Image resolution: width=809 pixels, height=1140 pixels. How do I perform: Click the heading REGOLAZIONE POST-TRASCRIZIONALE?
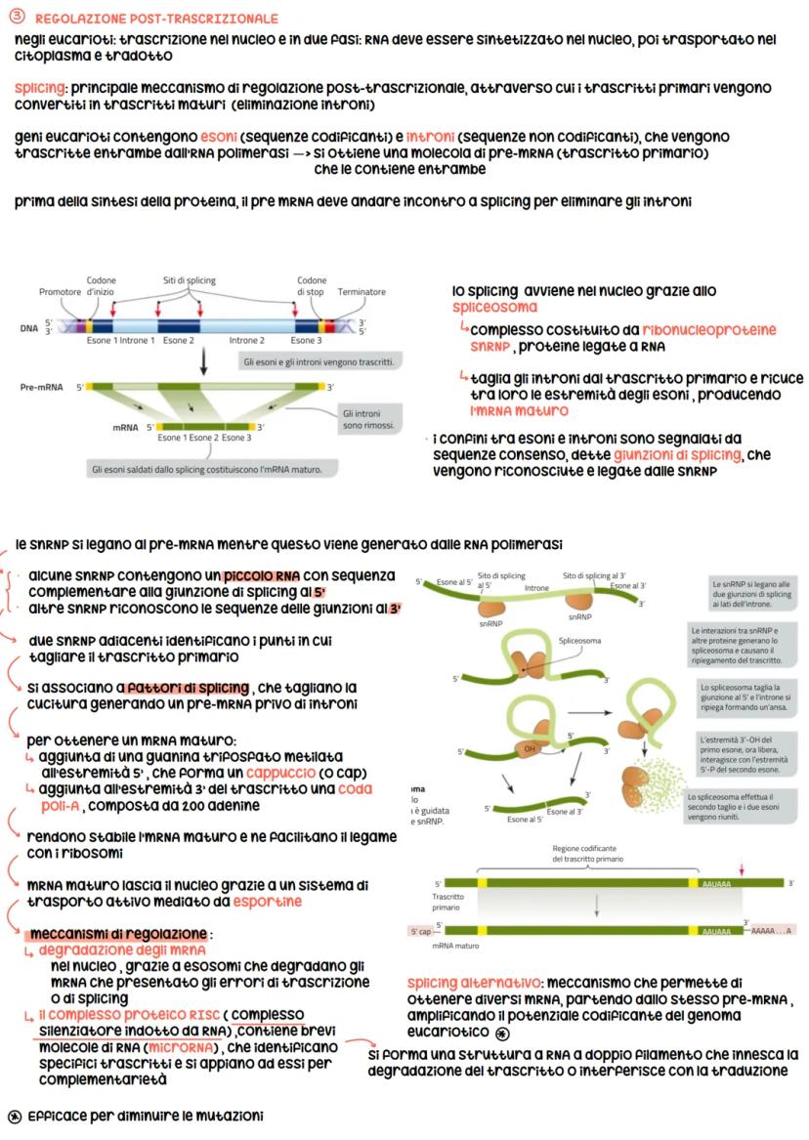[x=156, y=20]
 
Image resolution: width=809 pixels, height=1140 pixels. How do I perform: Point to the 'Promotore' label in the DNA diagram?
[x=61, y=292]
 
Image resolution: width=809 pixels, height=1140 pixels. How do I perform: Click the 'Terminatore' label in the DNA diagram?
[x=361, y=292]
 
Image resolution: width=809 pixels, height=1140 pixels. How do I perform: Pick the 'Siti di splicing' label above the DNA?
[x=190, y=280]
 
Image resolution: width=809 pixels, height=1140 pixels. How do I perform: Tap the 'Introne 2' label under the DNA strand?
[x=246, y=341]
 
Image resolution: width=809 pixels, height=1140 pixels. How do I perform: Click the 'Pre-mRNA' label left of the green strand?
[x=42, y=388]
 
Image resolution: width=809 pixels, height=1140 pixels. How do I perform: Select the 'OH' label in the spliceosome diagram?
[x=531, y=749]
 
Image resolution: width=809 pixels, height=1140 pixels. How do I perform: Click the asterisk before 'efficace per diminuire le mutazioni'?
[x=14, y=1116]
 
